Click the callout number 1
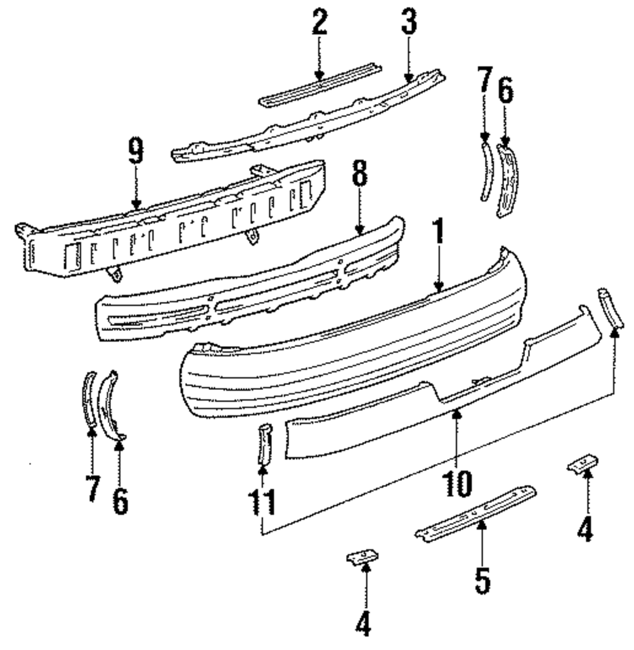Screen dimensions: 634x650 tap(438, 237)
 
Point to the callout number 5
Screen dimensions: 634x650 tap(482, 580)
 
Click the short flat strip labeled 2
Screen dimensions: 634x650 tap(320, 86)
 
